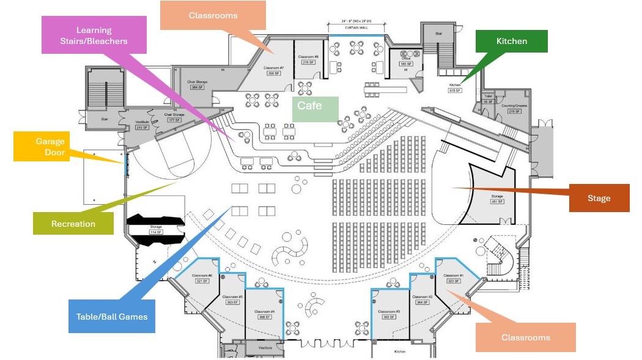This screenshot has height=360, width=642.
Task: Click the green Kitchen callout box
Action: point(512,41)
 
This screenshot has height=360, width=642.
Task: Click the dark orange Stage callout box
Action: point(599,198)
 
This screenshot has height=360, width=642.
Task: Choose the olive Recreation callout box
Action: point(73,224)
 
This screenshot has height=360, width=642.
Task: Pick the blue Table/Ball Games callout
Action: point(111,316)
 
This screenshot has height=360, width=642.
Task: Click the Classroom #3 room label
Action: point(389,312)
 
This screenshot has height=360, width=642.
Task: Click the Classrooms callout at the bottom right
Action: point(525,337)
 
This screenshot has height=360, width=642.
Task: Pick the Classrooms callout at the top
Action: point(213,15)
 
